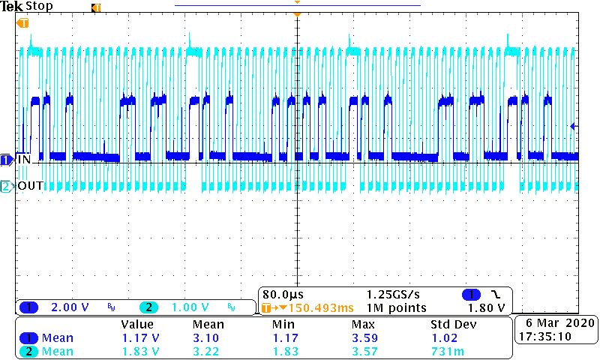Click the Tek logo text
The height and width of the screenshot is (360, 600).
coord(12,6)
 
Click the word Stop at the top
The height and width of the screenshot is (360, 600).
coord(39,6)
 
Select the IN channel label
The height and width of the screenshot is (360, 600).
coord(25,160)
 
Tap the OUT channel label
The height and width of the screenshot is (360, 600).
coord(31,185)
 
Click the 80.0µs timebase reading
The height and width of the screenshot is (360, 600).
coord(283,293)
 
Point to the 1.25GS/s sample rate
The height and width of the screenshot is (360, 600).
coord(394,293)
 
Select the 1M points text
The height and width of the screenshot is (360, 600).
coord(396,307)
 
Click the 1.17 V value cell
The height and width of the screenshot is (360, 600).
coord(140,338)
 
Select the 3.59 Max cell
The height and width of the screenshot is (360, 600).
coord(363,338)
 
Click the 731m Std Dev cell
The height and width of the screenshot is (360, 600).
coord(443,352)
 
